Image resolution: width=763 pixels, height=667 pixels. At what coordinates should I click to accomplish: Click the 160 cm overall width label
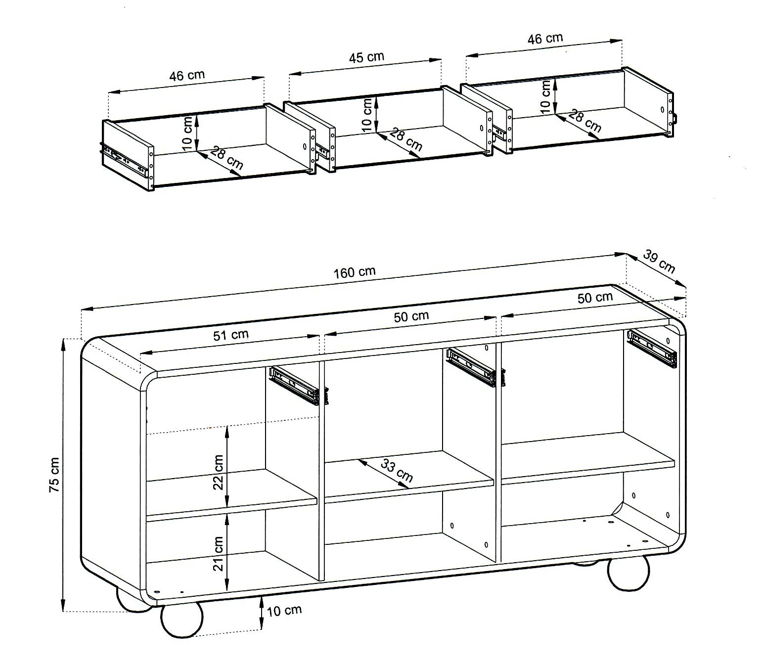click(x=354, y=272)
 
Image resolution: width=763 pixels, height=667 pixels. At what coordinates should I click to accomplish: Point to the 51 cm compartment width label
click(x=230, y=335)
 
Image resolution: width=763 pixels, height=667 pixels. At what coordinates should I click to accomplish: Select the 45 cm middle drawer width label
click(x=366, y=57)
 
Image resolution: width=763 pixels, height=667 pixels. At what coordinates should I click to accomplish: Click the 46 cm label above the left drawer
click(x=187, y=75)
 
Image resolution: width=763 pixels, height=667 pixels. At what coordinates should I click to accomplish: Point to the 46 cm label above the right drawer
click(x=545, y=39)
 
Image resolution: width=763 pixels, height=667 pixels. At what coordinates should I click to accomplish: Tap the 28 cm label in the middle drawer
click(x=406, y=139)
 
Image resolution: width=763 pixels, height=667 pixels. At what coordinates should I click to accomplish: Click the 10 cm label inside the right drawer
click(x=545, y=97)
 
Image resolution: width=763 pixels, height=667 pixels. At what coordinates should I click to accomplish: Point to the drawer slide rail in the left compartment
click(x=299, y=386)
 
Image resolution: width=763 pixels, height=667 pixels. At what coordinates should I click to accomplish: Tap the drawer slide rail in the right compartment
click(x=652, y=349)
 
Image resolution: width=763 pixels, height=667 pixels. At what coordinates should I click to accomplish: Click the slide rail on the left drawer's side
click(x=126, y=160)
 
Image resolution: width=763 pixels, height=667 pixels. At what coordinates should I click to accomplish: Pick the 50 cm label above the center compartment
click(x=411, y=316)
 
